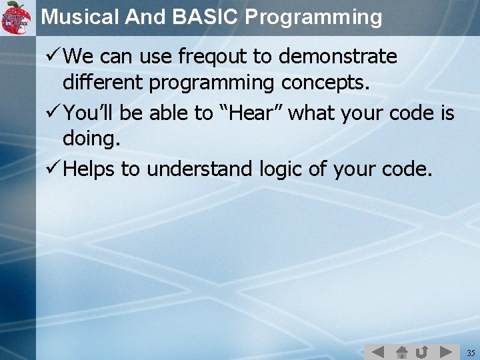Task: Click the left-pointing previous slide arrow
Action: pyautogui.click(x=377, y=351)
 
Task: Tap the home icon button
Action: pyautogui.click(x=402, y=351)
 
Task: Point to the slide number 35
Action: pyautogui.click(x=471, y=352)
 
